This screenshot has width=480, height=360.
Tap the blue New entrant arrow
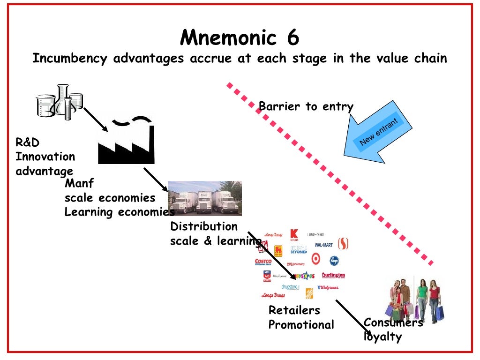[377, 136]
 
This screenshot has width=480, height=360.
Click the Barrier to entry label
[306, 107]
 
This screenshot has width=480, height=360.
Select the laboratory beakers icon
[60, 100]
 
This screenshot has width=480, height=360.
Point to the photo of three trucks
[205, 198]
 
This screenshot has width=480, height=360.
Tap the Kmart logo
[294, 234]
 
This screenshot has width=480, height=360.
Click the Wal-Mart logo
[323, 244]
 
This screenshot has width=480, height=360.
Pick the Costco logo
[263, 262]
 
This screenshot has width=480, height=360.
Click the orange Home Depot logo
[309, 293]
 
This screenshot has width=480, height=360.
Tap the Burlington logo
[333, 275]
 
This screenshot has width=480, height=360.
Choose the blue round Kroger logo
[334, 260]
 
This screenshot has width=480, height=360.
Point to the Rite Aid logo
[267, 276]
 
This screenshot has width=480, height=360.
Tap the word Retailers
[294, 310]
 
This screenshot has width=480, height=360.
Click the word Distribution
[204, 226]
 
